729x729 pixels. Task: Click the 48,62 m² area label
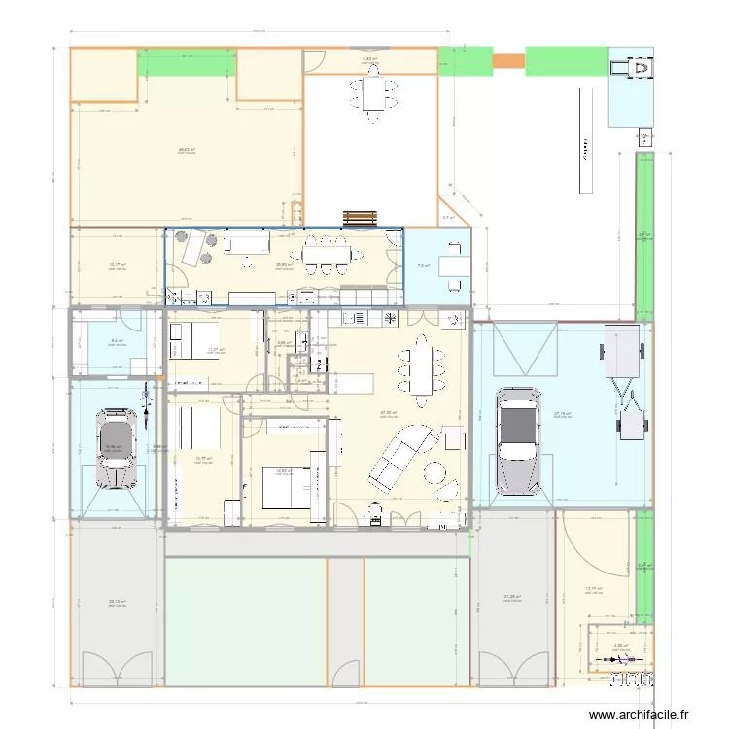(x=187, y=151)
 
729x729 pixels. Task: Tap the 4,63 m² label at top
(x=370, y=59)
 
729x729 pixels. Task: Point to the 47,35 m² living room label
(x=388, y=412)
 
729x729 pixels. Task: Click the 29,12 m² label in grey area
(x=118, y=602)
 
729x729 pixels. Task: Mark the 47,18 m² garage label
(x=562, y=413)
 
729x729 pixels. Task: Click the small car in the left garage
(x=116, y=449)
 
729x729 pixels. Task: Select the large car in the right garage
(x=515, y=440)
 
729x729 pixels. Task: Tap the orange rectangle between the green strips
(x=508, y=61)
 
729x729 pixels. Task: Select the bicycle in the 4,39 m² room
(x=620, y=663)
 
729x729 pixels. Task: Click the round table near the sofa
(x=434, y=475)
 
